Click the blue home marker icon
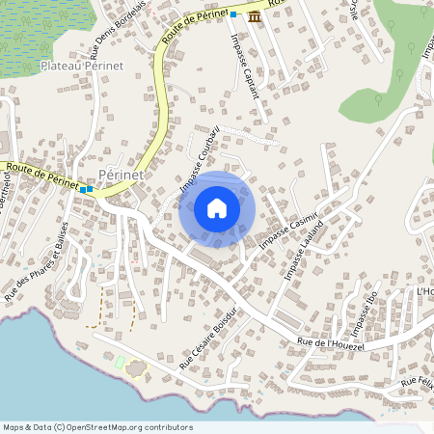[x=217, y=208]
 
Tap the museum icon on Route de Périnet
[x=254, y=17]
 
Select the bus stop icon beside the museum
[x=234, y=15]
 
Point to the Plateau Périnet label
[x=83, y=65]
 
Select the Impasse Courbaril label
[x=201, y=158]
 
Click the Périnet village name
[x=122, y=174]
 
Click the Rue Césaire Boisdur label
[x=208, y=340]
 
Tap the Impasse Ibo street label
[x=365, y=313]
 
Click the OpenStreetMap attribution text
[x=96, y=427]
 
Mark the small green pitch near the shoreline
[x=121, y=361]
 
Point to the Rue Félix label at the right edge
[x=417, y=385]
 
